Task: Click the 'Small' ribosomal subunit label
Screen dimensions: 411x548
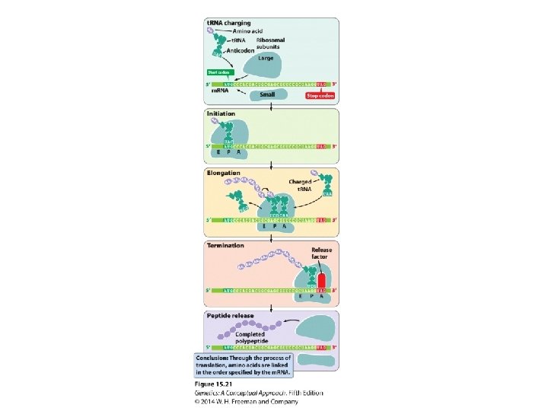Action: coord(267,95)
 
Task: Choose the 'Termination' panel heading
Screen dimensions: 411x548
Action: coord(226,246)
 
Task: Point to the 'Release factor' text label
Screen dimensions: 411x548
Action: coord(322,253)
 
